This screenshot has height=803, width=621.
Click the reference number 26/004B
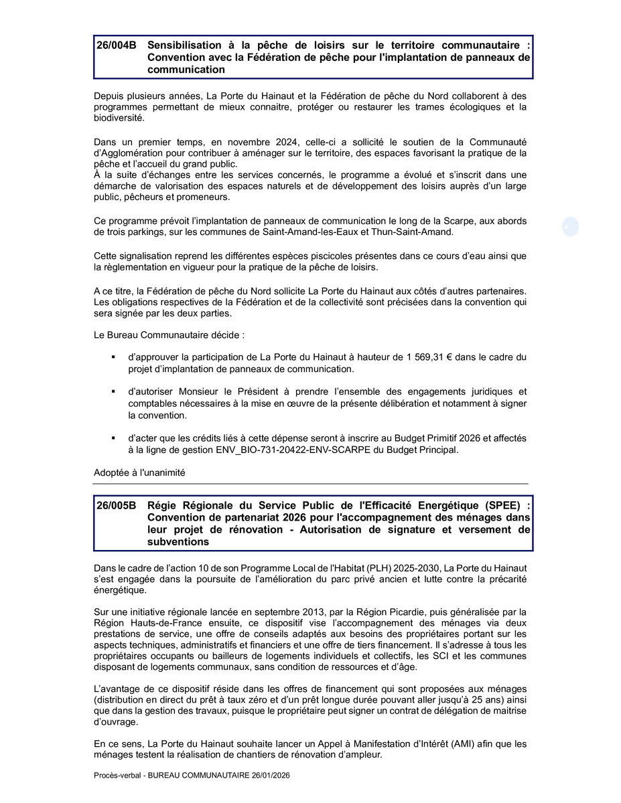coord(116,46)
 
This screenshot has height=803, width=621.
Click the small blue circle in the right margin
coord(570,227)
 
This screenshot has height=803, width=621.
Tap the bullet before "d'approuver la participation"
coord(114,357)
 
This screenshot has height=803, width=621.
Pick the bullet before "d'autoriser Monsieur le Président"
coord(114,391)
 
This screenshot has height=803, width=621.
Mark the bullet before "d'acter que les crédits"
coord(114,438)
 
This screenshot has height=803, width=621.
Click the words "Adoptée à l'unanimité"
coord(139,472)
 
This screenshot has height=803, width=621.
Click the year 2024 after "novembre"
coord(286,142)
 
